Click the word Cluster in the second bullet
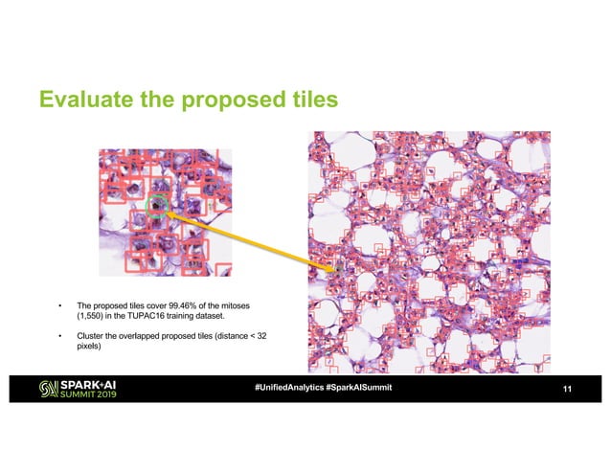pyautogui.click(x=90, y=336)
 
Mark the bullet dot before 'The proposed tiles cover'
pyautogui.click(x=60, y=303)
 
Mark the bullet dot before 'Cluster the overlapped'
pyautogui.click(x=60, y=336)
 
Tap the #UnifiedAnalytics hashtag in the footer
pyautogui.click(x=288, y=389)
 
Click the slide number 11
pyautogui.click(x=567, y=390)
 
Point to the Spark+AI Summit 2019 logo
pyautogui.click(x=78, y=390)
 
